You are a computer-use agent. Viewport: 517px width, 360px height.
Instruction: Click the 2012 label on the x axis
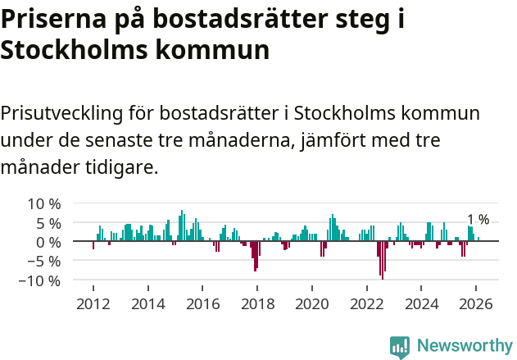(93, 303)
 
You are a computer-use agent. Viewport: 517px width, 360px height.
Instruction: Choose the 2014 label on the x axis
(147, 303)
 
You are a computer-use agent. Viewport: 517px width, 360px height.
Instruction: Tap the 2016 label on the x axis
(202, 303)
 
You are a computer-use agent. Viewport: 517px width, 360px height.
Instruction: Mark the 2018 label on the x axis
(257, 303)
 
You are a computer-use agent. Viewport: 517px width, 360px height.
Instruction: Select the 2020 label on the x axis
(311, 303)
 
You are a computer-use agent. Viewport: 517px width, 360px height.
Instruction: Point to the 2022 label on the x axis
(366, 303)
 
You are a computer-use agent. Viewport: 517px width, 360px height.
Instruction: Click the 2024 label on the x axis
(421, 303)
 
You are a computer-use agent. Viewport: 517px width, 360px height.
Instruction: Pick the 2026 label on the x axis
(476, 303)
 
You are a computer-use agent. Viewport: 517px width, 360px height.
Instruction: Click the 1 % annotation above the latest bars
(478, 219)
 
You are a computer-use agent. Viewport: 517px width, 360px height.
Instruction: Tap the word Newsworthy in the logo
(464, 345)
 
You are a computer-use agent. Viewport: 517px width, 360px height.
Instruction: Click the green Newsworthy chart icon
(400, 346)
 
